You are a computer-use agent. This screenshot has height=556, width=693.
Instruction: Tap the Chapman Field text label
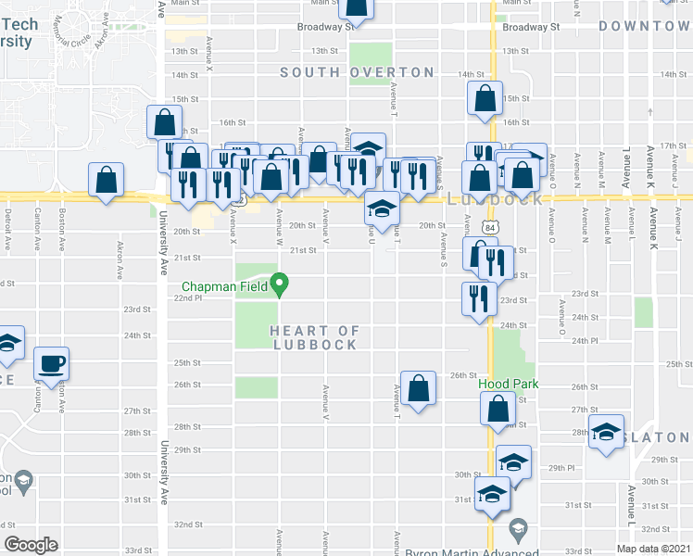226,285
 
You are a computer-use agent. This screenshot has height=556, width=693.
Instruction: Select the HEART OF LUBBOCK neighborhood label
315,337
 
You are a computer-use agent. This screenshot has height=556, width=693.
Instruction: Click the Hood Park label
508,384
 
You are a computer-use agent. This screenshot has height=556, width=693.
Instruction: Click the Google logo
31,545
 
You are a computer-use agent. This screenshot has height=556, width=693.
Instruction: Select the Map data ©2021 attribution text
653,550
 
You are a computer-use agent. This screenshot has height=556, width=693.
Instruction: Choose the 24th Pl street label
585,341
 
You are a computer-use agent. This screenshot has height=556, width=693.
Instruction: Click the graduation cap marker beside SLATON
608,435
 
